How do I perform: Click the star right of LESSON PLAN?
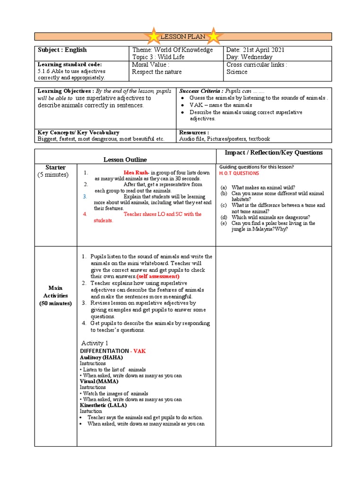pos(214,36)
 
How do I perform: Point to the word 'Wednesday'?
pos(257,57)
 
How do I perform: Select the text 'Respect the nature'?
pos(157,72)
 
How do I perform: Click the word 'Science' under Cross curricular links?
pos(237,72)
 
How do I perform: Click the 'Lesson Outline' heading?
pos(125,160)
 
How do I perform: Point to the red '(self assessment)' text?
pos(158,276)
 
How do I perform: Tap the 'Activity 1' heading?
pos(95,343)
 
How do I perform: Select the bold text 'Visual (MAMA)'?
pos(99,381)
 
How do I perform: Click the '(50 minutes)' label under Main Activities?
pos(55,303)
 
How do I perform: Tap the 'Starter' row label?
pos(55,168)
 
